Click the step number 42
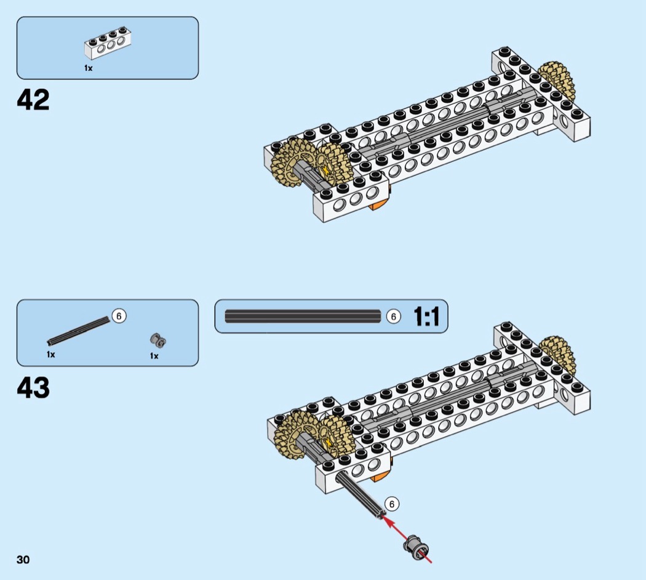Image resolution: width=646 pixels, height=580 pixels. (33, 99)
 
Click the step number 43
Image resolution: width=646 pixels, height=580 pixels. (33, 387)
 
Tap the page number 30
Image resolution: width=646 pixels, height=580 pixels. (23, 560)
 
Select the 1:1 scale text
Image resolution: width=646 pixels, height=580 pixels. (426, 316)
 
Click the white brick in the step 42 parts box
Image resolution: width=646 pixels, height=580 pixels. (108, 43)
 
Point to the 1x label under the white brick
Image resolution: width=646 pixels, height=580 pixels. (88, 68)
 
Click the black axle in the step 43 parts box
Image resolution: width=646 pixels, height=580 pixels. (79, 331)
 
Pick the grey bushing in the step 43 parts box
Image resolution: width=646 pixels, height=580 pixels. (158, 340)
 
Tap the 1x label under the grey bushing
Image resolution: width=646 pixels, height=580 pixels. (154, 356)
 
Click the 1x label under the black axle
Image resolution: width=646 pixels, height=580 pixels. (50, 355)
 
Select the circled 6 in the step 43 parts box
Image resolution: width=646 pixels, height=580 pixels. (119, 316)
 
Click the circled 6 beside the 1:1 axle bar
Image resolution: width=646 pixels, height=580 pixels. (394, 316)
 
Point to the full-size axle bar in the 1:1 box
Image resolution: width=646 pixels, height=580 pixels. (303, 316)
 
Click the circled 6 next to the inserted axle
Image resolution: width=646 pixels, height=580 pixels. (392, 504)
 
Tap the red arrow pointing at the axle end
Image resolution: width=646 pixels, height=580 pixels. (407, 538)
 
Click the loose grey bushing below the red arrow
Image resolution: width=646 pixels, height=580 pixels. (416, 548)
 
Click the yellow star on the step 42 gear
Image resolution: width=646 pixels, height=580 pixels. (327, 170)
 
